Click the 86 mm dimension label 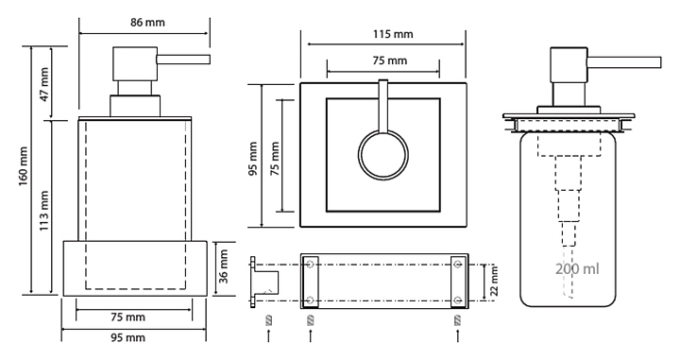pos(147,22)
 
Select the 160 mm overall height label pos(24,166)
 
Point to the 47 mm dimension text pos(44,85)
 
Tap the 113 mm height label pos(44,211)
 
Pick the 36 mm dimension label pos(223,266)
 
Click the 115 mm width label pos(393,34)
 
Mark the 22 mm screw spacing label pos(494,281)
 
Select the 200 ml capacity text pos(577,269)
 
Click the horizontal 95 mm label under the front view pos(127,337)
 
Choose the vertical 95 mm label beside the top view pos(254,159)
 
